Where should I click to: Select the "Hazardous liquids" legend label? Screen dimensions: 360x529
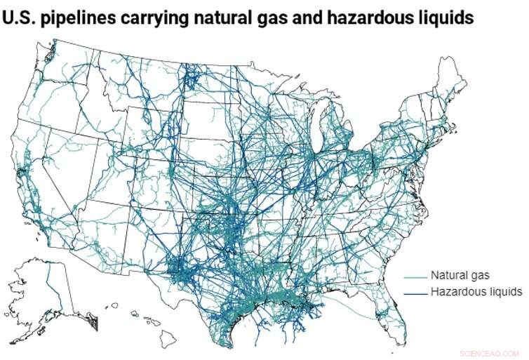[x=476, y=291]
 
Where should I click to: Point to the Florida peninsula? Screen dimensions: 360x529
[x=393, y=319]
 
